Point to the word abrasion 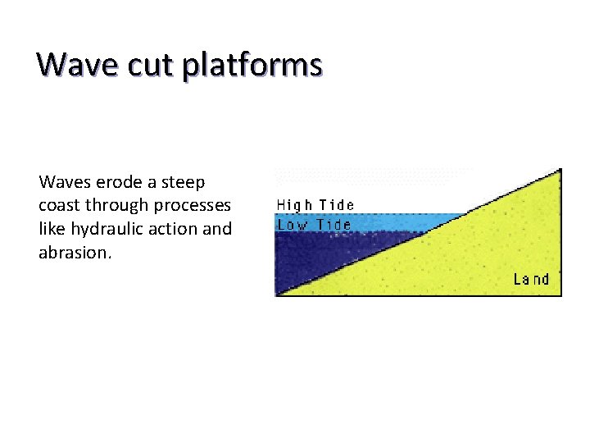[75, 253]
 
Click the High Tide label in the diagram [315, 205]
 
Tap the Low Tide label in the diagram [315, 224]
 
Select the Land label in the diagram [531, 280]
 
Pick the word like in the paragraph [52, 229]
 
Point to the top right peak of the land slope [559, 171]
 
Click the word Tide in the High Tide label [337, 205]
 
